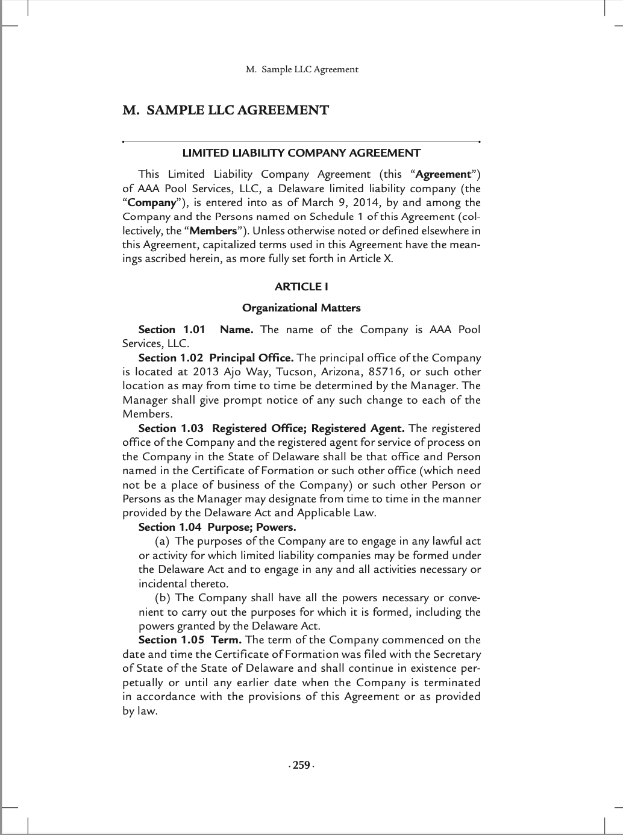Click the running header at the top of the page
(302, 69)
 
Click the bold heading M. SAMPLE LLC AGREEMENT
(225, 110)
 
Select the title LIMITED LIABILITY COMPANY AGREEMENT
(301, 153)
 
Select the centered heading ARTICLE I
(301, 287)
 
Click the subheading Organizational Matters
(301, 308)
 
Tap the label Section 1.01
(172, 330)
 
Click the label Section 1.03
(172, 428)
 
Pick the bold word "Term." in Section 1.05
(226, 640)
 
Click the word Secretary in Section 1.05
(458, 654)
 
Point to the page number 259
(301, 766)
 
